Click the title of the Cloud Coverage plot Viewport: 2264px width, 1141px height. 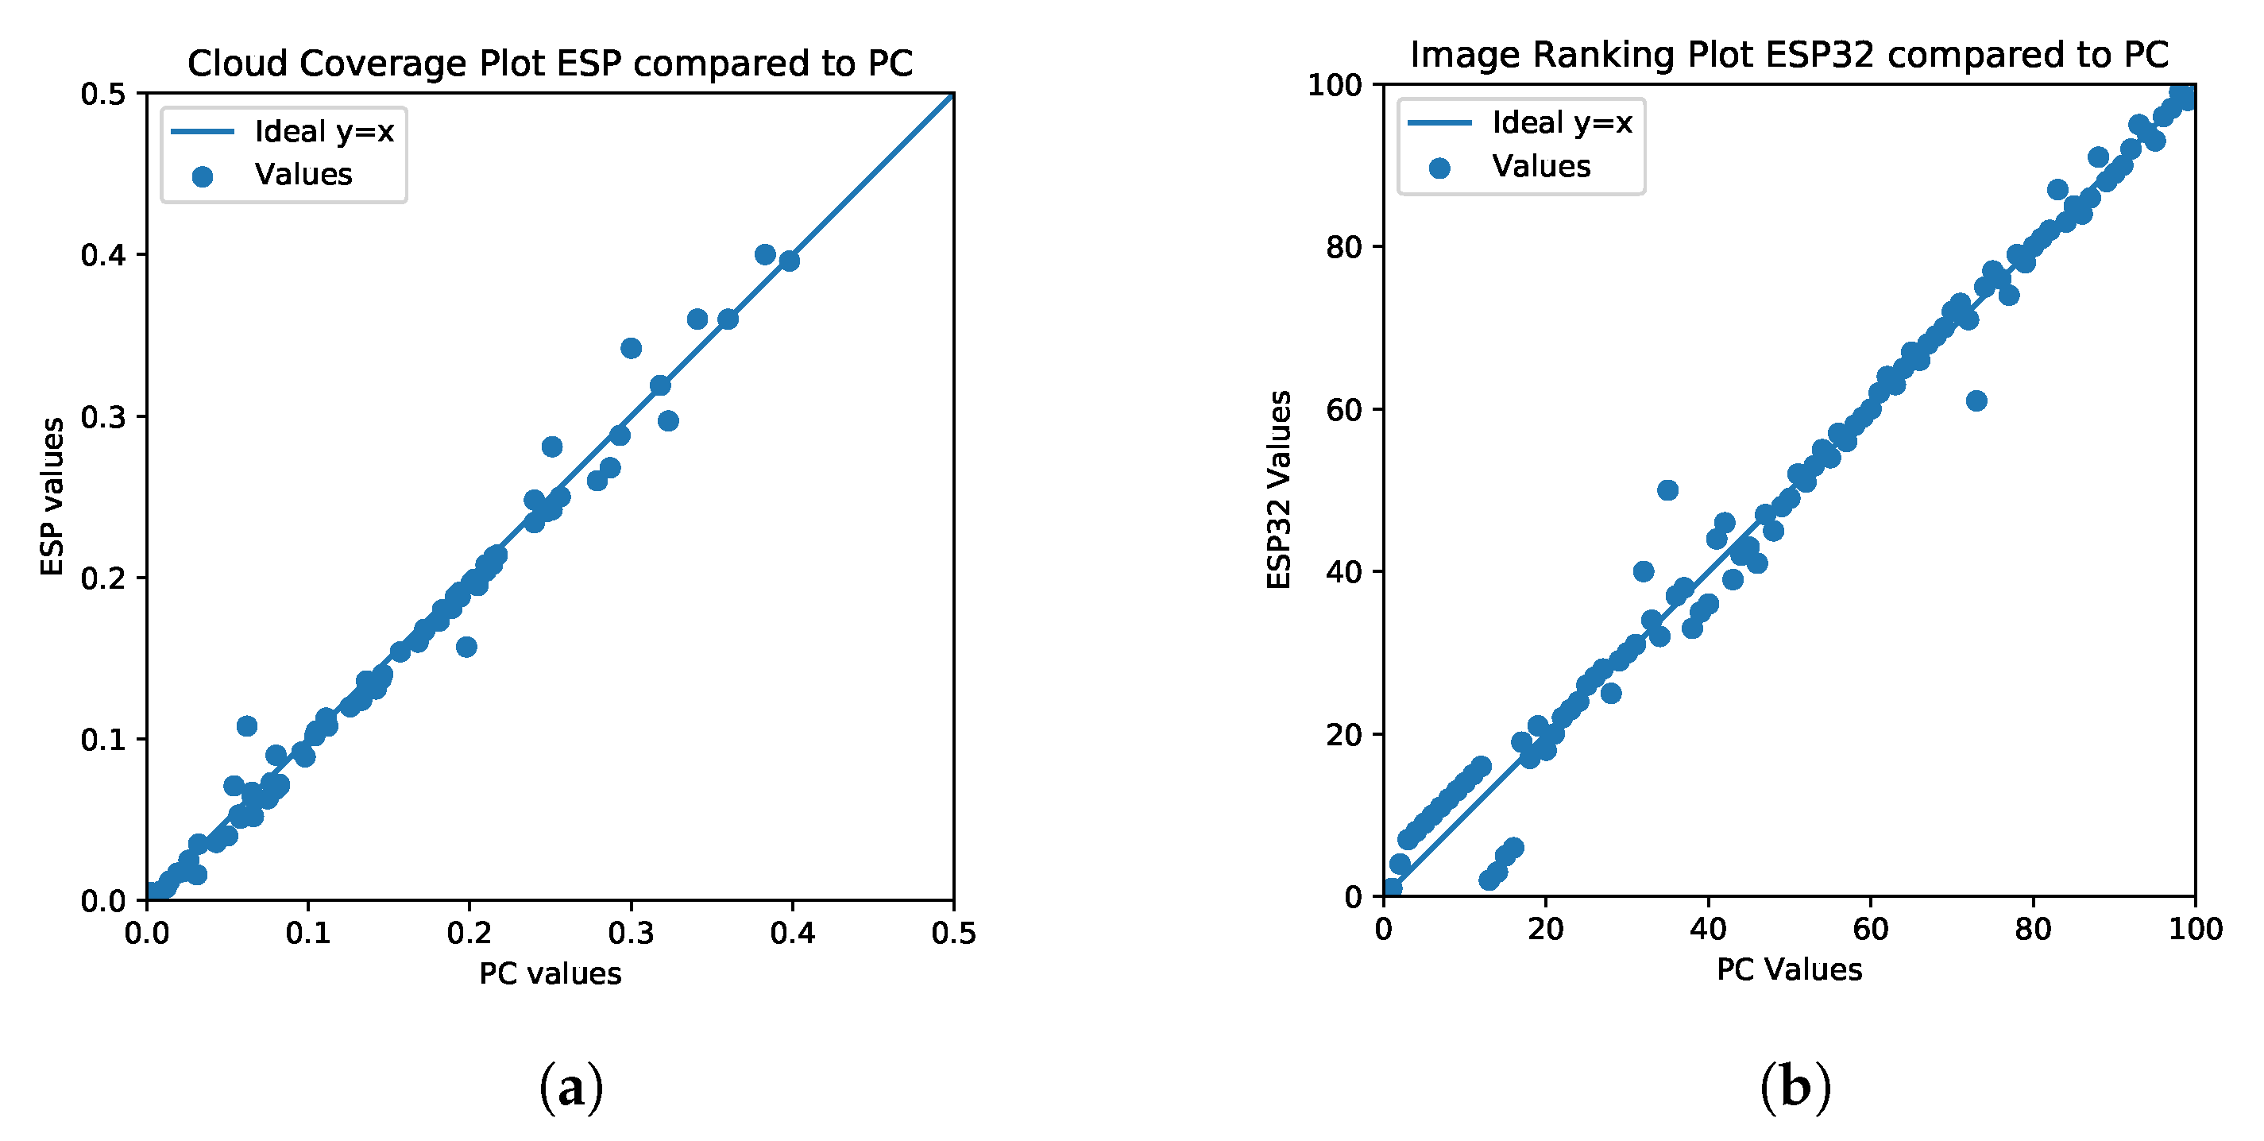click(551, 64)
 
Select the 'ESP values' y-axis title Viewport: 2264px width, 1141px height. click(52, 497)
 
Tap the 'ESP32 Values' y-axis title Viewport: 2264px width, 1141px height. click(1279, 489)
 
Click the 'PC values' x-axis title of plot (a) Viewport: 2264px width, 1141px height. click(551, 974)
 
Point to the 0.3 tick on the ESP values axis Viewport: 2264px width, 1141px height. click(102, 416)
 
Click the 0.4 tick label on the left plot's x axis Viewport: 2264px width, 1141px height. click(793, 934)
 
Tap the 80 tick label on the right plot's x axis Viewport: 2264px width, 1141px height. click(2033, 929)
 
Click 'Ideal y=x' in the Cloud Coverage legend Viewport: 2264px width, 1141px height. click(324, 132)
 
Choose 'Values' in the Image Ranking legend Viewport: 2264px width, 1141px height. click(1540, 166)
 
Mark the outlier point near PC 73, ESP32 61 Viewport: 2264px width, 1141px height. click(1976, 400)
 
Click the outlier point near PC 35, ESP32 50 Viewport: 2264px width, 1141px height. click(1668, 490)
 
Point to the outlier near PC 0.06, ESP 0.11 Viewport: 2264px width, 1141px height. click(247, 726)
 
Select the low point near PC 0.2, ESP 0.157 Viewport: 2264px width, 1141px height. click(466, 647)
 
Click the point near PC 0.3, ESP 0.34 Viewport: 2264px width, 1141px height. click(631, 348)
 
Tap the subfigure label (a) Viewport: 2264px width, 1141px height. click(571, 1089)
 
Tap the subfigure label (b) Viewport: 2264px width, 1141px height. click(1795, 1089)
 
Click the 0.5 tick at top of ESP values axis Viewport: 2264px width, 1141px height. click(102, 94)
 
